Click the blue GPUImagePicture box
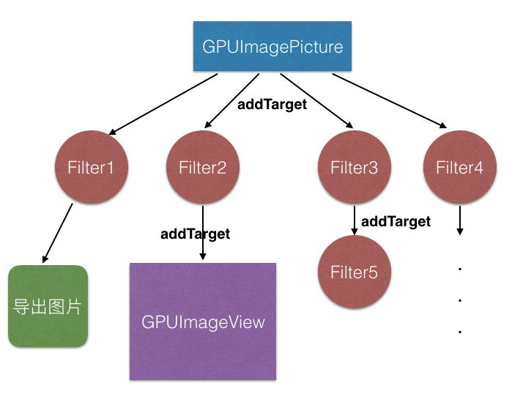(x=272, y=46)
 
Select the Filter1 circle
(x=92, y=168)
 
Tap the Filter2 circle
(x=203, y=168)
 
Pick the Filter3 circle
(x=354, y=168)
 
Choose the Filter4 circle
(x=459, y=168)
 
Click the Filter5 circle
(x=354, y=272)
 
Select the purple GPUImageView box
(x=203, y=321)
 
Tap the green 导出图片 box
(x=48, y=306)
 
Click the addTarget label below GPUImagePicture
(x=272, y=104)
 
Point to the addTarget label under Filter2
(x=195, y=234)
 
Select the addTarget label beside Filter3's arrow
(x=396, y=220)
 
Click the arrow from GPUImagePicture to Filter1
(x=163, y=103)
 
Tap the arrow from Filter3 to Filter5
(x=355, y=219)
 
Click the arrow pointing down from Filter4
(x=460, y=220)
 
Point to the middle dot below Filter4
(x=460, y=300)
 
